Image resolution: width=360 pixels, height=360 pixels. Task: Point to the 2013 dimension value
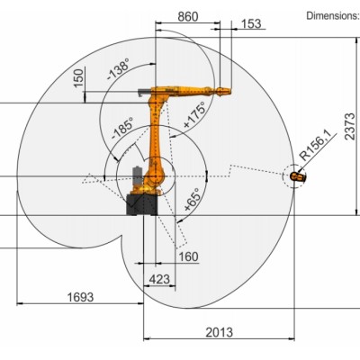click(218, 331)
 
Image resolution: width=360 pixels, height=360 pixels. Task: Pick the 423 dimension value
click(158, 278)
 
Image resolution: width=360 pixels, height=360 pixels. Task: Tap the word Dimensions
click(332, 15)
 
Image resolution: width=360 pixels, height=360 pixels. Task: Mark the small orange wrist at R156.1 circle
click(299, 176)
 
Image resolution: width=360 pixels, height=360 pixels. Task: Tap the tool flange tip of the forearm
click(230, 90)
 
